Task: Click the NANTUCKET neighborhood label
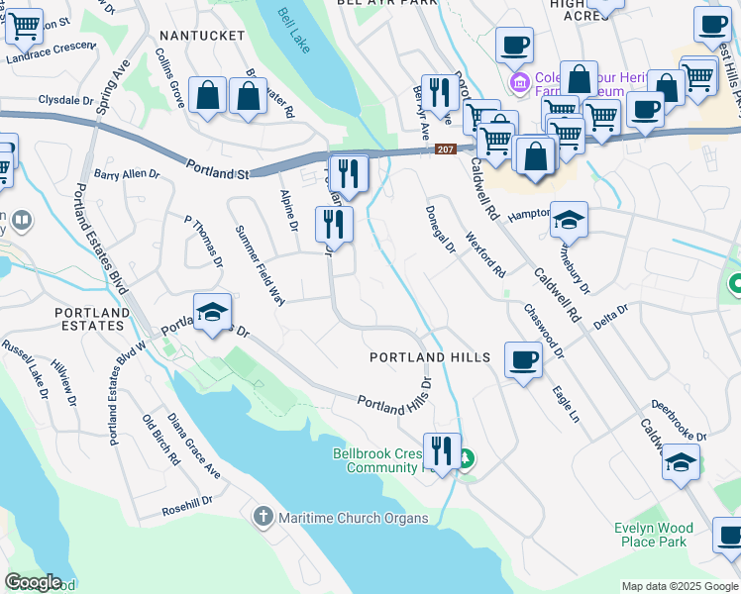201,36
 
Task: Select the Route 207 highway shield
445,149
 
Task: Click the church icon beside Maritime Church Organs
264,516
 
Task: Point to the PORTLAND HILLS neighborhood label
430,356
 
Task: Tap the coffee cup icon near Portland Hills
523,359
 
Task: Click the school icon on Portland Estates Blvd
212,312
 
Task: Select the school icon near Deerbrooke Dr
681,462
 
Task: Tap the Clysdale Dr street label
65,100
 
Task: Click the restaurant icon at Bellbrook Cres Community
442,451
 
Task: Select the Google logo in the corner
33,582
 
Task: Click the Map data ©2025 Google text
680,586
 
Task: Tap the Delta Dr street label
611,316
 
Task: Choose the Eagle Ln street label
566,404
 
